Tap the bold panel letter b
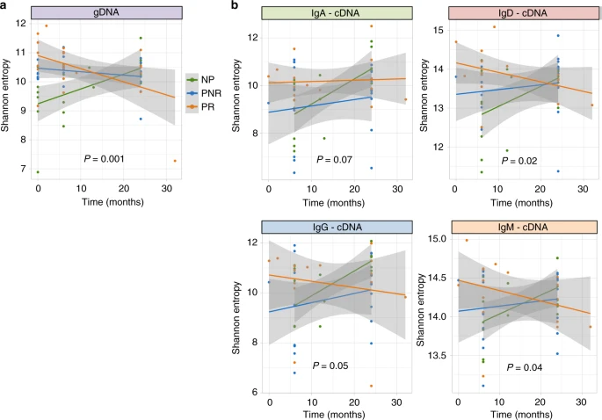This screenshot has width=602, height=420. point(234,6)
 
